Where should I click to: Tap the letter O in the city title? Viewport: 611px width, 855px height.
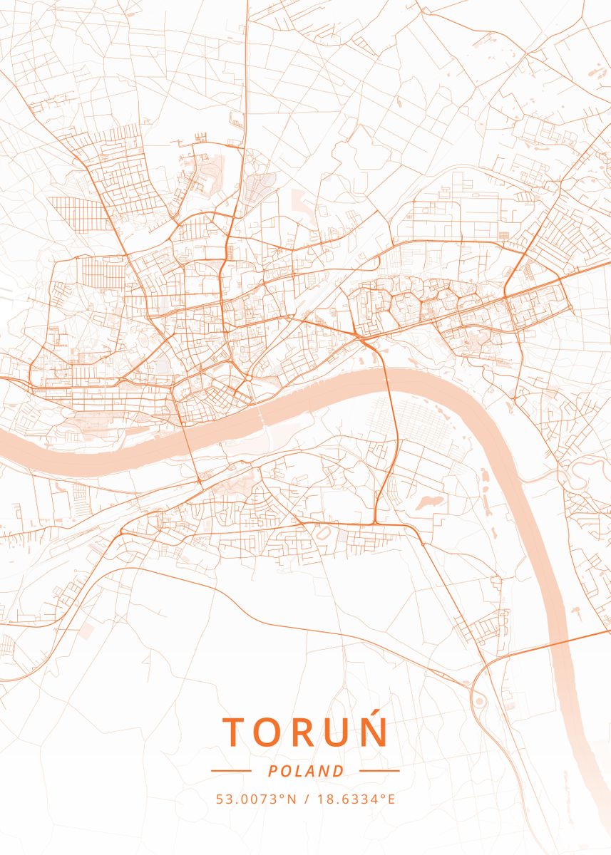pyautogui.click(x=272, y=732)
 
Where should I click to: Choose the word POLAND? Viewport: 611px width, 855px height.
pyautogui.click(x=306, y=771)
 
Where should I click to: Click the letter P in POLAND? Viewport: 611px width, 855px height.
pyautogui.click(x=273, y=771)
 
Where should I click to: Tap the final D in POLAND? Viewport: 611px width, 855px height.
pyautogui.click(x=339, y=771)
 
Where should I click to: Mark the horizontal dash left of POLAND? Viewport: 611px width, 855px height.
pyautogui.click(x=231, y=770)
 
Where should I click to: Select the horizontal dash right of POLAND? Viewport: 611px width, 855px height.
pyautogui.click(x=379, y=770)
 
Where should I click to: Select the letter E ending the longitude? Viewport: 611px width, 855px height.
pyautogui.click(x=391, y=799)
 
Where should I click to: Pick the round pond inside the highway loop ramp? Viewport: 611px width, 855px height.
pyautogui.click(x=479, y=701)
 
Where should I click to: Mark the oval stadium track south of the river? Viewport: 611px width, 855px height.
pyautogui.click(x=323, y=533)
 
